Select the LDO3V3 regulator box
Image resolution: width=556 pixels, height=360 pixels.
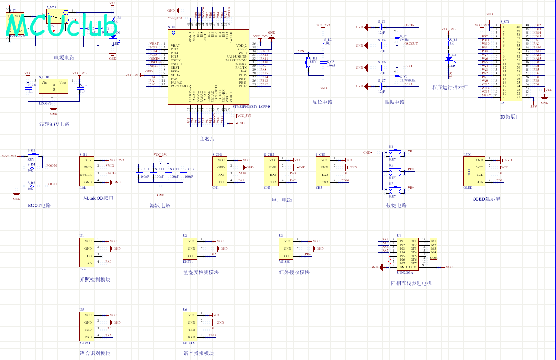[x=54, y=88]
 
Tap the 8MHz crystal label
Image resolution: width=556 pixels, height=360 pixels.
[x=404, y=40]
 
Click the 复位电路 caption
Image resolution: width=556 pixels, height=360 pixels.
[x=322, y=102]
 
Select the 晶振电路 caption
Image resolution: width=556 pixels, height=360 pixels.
[x=395, y=102]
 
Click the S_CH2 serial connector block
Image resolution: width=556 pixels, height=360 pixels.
[x=273, y=171]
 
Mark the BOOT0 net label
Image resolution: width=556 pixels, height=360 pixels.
[x=52, y=165]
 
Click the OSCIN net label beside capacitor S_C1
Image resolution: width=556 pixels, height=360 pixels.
[x=409, y=25]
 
